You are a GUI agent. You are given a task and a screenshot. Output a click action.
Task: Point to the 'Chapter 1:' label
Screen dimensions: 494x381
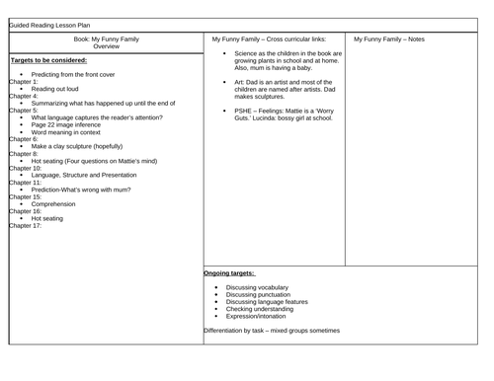click(x=25, y=81)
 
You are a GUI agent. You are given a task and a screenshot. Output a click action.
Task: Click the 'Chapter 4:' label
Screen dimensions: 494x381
click(x=25, y=96)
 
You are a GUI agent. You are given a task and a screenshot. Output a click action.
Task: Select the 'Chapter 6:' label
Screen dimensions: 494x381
click(x=25, y=139)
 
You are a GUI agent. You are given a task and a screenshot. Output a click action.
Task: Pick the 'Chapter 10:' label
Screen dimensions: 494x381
click(x=27, y=168)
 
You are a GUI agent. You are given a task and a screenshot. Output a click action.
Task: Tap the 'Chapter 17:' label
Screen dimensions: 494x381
click(x=27, y=225)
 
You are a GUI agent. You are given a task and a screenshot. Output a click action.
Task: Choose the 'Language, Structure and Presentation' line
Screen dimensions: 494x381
click(x=92, y=175)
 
